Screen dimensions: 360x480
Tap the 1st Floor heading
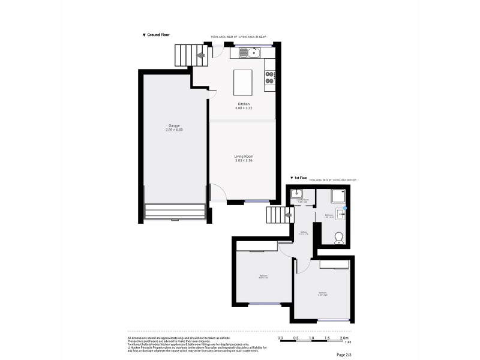[299, 178]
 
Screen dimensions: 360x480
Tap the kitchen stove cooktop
[269, 77]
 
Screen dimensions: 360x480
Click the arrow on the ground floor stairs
[200, 56]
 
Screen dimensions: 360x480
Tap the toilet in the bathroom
[340, 238]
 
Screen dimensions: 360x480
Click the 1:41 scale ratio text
[347, 342]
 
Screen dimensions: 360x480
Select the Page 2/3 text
[345, 355]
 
